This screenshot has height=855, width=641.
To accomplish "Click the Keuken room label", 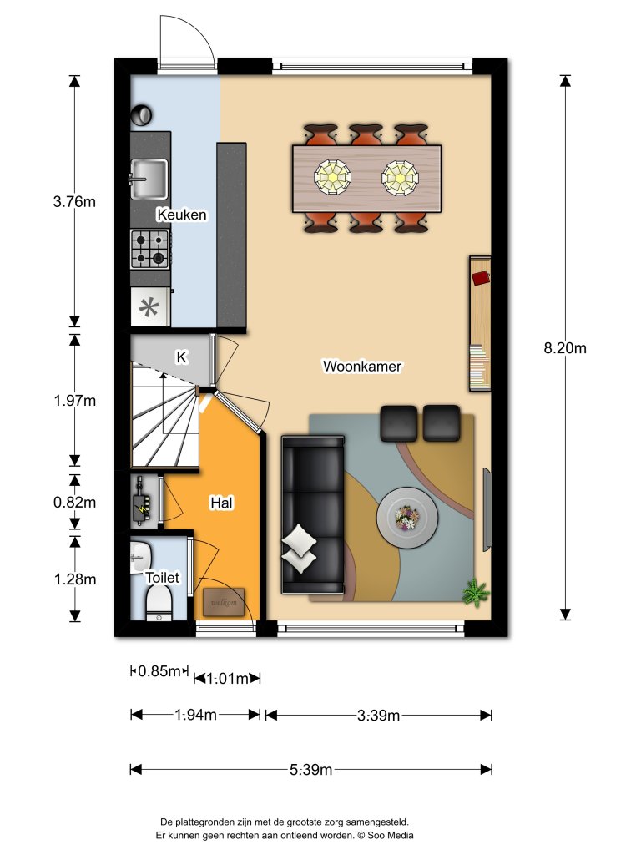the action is tap(182, 215).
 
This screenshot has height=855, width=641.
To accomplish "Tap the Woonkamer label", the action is tap(362, 366).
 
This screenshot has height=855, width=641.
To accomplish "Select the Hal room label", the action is tap(222, 503).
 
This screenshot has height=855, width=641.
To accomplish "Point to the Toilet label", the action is tap(163, 578).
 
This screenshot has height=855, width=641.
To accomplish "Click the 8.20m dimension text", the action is tap(565, 348).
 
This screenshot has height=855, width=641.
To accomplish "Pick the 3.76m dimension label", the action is tap(74, 202).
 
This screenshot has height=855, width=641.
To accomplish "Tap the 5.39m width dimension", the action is tap(310, 769).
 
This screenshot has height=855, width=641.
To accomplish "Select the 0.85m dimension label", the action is tap(159, 670).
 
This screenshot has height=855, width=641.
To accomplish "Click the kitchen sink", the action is tap(149, 179).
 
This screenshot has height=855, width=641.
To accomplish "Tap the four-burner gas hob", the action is tap(150, 249).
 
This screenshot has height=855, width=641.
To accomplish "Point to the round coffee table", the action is tap(407, 518).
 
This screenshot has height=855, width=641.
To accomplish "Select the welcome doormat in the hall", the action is tap(224, 602).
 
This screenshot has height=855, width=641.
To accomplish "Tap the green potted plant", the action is tap(476, 593).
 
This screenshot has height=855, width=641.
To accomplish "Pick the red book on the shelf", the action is tap(482, 278).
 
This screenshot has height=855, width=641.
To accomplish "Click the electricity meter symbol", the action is tap(144, 503).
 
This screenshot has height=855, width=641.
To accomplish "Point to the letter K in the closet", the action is tap(181, 357).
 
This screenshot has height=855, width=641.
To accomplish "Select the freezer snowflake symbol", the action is tap(149, 307).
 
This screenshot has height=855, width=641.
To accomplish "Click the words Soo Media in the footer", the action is tap(391, 835).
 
